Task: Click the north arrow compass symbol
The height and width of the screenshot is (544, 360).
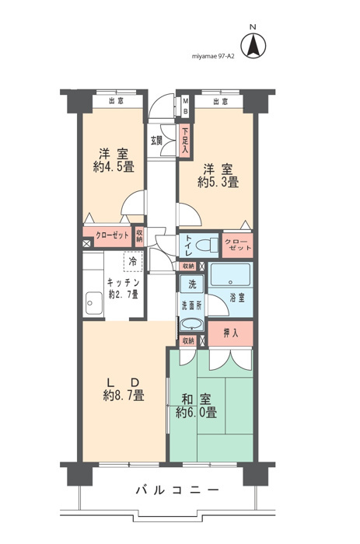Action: [253, 46]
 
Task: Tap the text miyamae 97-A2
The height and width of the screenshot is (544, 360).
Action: [213, 56]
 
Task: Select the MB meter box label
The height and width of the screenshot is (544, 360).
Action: [185, 106]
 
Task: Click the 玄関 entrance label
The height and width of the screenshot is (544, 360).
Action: [156, 141]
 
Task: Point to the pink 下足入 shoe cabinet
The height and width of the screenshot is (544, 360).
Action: [185, 141]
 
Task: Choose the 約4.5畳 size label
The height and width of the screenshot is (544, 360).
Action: [114, 168]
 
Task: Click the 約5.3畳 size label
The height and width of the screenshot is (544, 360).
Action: [218, 182]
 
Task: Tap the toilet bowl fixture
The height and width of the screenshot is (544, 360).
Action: [207, 246]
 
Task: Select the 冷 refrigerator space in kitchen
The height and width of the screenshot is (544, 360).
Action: [133, 262]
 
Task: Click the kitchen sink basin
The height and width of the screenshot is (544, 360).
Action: [94, 303]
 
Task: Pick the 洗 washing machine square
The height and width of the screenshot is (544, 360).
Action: [192, 284]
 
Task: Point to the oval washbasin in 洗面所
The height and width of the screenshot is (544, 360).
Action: [192, 325]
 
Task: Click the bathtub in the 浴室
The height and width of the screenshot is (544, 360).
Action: [230, 274]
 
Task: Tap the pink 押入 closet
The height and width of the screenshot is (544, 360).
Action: [230, 333]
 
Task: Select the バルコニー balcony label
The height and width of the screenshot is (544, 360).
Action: [177, 490]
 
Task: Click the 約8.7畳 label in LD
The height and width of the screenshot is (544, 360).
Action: [124, 396]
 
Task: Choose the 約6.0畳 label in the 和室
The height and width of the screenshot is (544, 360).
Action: [196, 413]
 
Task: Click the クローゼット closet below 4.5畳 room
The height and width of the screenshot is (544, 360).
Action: [108, 236]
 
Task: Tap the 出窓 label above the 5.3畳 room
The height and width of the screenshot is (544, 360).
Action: [221, 101]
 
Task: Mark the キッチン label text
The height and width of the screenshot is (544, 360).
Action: [124, 282]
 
